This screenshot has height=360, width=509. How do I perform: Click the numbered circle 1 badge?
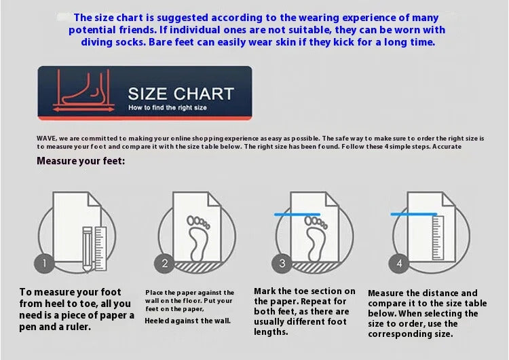44,262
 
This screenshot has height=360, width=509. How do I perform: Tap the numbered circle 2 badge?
164,263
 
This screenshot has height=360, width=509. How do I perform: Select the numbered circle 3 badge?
282,263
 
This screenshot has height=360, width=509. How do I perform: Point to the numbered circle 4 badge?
399,263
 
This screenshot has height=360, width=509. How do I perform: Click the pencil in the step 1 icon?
88,249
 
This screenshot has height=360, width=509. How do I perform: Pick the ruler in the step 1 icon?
100,249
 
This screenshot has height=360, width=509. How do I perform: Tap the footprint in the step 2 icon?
197,238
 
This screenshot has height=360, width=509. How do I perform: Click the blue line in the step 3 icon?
297,215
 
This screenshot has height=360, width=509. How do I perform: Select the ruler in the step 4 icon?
438,238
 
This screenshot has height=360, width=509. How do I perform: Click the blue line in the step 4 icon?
413,214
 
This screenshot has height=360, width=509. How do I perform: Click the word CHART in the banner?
204,94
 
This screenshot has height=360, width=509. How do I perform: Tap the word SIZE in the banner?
148,94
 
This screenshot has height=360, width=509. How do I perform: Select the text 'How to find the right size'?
168,107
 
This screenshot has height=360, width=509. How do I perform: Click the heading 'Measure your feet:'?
81,161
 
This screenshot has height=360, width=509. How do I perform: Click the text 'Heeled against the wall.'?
187,321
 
